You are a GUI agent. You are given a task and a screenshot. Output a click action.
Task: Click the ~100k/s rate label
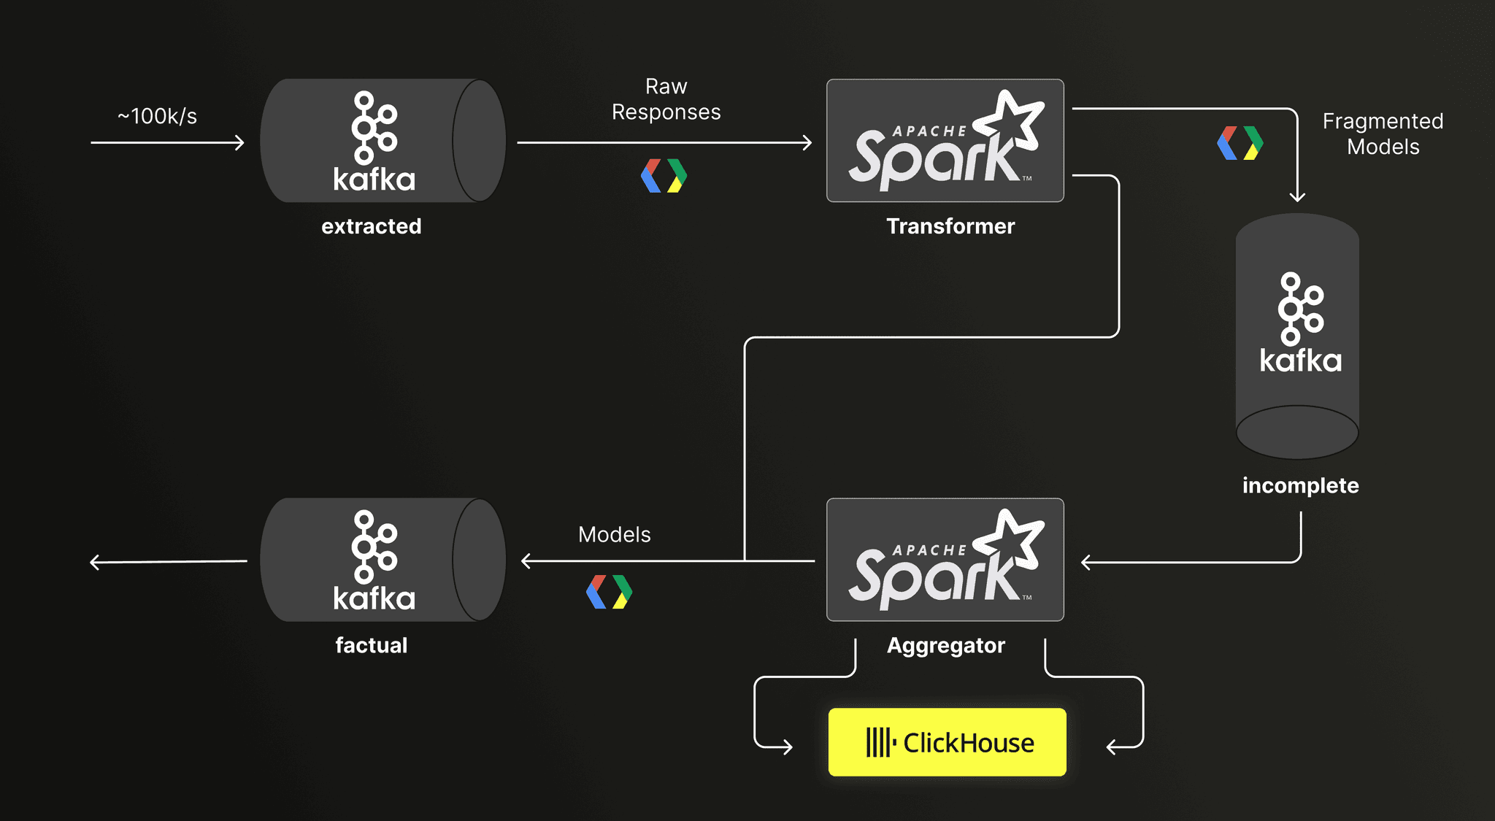[x=157, y=116]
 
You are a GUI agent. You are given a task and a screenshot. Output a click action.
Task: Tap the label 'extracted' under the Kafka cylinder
[x=372, y=226]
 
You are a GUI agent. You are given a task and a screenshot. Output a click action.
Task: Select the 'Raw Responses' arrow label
[x=666, y=99]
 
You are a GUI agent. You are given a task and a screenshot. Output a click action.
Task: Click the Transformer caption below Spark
[x=950, y=226]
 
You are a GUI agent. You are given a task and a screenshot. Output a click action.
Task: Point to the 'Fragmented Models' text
[x=1383, y=134]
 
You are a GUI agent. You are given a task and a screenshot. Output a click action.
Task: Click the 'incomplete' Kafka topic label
[x=1301, y=485]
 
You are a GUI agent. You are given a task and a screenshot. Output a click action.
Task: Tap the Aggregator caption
[x=946, y=646]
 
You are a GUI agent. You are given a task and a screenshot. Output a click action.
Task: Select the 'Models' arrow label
[x=615, y=534]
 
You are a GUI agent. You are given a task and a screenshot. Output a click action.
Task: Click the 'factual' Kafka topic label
[x=372, y=645]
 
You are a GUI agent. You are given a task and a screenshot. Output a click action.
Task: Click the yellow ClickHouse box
[x=948, y=742]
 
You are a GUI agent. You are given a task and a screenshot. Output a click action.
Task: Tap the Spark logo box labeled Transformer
[x=945, y=141]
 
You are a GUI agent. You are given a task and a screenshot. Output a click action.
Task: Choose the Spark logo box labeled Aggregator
[x=945, y=560]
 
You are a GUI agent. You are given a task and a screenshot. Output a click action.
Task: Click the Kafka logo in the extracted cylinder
[x=374, y=142]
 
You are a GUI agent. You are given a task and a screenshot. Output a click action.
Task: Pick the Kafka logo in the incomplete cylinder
[x=1301, y=323]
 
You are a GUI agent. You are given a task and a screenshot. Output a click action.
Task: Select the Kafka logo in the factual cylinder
[x=374, y=560]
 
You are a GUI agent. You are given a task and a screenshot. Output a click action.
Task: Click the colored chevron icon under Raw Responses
[x=664, y=176]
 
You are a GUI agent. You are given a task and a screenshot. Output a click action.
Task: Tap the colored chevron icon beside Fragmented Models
[x=1240, y=143]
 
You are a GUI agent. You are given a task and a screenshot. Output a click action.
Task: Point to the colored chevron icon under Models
[x=610, y=592]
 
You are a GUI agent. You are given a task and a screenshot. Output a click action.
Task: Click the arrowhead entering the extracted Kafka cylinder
[x=240, y=142]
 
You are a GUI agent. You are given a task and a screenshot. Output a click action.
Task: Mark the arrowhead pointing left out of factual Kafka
[x=94, y=562]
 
